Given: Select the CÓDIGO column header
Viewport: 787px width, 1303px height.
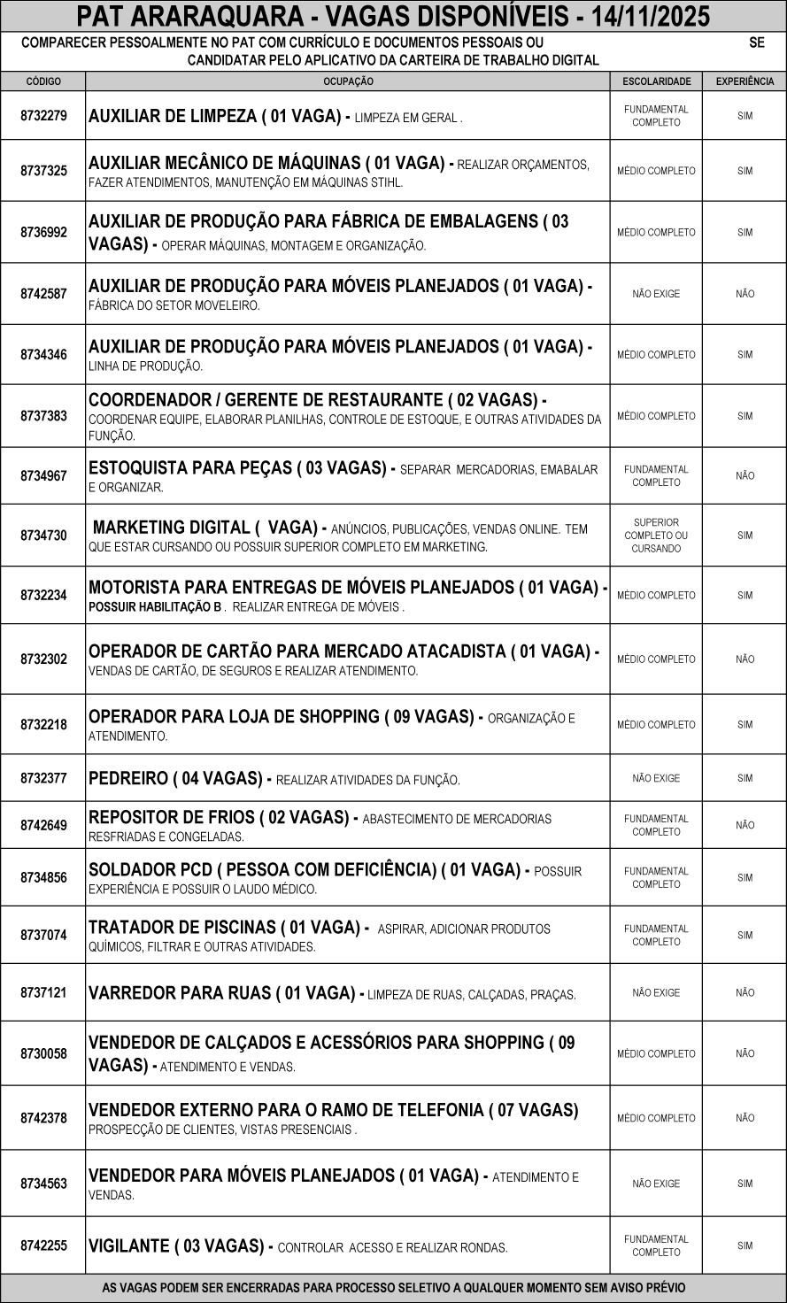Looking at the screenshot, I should [43, 81].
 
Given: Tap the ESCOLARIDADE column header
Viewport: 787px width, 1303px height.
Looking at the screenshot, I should [656, 81].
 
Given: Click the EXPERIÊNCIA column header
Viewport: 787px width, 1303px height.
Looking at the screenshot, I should [745, 81].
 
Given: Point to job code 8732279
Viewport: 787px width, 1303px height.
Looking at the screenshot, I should [43, 116].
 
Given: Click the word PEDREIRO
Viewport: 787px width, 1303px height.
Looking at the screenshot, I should [128, 779].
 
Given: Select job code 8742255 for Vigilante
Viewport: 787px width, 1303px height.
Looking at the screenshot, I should [43, 1245].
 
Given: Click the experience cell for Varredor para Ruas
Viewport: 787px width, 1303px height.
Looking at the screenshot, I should [745, 993].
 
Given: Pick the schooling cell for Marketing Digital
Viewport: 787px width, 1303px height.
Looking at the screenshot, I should [656, 536].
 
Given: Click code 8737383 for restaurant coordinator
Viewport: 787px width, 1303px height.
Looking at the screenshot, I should [43, 416].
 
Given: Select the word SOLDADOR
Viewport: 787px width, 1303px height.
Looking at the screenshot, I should [129, 870].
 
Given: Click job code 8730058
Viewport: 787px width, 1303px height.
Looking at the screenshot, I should [43, 1054].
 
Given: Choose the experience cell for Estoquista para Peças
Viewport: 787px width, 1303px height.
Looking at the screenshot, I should [745, 476].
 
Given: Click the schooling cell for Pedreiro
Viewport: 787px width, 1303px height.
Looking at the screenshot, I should [656, 779].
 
